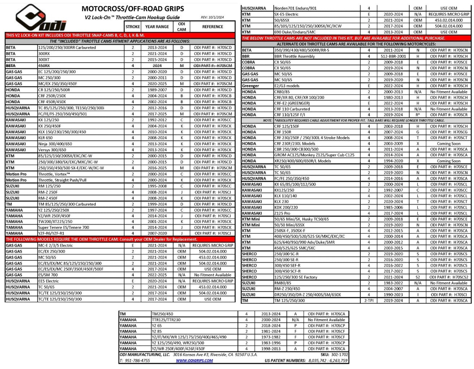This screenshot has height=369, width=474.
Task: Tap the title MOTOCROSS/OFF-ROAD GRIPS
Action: (x=132, y=9)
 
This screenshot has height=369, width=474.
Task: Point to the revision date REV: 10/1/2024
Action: (x=212, y=17)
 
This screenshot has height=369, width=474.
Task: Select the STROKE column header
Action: (x=132, y=27)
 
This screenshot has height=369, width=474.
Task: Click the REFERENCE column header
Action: (x=212, y=27)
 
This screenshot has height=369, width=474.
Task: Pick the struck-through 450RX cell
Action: (x=44, y=66)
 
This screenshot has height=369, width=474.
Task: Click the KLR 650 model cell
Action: (x=45, y=138)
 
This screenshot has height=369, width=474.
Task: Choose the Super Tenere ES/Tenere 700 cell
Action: (x=64, y=228)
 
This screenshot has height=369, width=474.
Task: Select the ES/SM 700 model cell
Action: (x=48, y=275)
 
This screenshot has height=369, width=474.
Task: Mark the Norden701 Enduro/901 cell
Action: (x=296, y=8)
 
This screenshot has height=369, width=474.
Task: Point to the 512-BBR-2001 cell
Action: (x=393, y=56)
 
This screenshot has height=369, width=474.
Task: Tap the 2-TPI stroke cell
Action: (x=369, y=301)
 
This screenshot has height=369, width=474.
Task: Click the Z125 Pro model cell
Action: (x=282, y=213)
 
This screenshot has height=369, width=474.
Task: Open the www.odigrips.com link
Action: (x=194, y=361)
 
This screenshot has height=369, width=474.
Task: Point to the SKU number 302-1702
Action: (x=339, y=355)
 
